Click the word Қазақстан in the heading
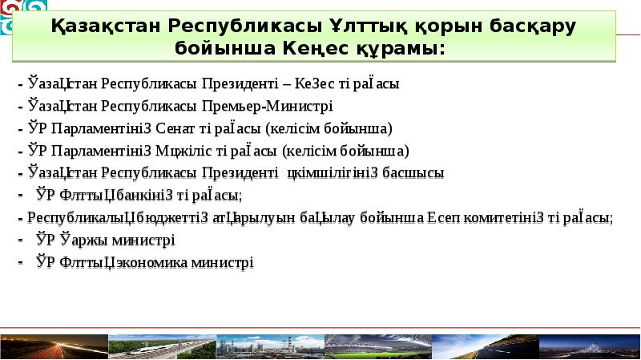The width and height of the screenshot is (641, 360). (x=106, y=26)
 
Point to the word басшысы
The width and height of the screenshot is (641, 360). (x=413, y=172)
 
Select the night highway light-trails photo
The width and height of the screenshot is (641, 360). (x=53, y=346)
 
